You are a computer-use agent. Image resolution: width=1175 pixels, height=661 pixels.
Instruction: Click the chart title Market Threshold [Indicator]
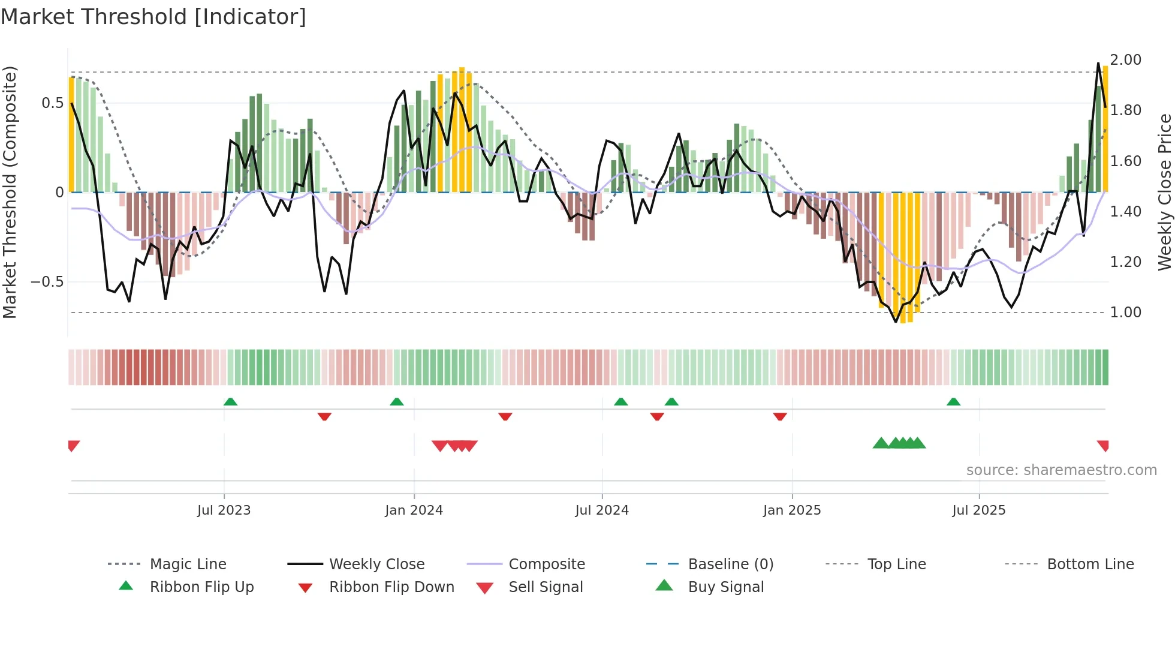click(153, 17)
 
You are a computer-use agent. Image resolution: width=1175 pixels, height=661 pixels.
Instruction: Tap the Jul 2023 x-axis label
click(224, 510)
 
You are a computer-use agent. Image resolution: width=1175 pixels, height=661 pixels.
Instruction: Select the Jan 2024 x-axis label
click(414, 510)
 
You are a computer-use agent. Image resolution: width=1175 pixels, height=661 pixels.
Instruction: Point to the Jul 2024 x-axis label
click(602, 510)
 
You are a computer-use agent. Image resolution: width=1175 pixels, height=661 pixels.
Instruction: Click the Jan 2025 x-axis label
click(792, 510)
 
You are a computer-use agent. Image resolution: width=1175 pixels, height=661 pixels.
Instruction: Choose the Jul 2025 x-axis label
click(979, 510)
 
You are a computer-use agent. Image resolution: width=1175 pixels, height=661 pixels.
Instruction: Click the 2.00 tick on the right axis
click(1125, 60)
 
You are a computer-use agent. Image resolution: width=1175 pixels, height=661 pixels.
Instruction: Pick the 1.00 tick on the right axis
click(1125, 313)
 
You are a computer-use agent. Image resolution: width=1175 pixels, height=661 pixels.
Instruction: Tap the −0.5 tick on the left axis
click(47, 282)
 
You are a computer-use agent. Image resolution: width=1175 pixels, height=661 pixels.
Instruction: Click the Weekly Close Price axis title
click(1164, 192)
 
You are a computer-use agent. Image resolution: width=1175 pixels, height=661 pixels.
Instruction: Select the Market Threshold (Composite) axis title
click(10, 192)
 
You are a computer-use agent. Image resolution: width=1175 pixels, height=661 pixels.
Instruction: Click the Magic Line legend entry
click(188, 564)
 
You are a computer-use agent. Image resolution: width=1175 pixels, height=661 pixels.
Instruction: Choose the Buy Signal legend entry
click(725, 587)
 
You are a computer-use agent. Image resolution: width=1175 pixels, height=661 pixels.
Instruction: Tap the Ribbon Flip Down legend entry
click(391, 587)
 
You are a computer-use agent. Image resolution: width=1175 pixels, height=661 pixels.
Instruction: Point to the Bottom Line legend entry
click(1090, 564)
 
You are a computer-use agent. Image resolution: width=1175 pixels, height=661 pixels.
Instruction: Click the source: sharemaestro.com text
click(1061, 470)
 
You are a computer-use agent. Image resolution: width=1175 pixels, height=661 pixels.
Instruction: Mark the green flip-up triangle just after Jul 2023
click(230, 402)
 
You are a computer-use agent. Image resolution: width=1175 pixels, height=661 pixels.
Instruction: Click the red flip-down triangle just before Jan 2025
click(780, 416)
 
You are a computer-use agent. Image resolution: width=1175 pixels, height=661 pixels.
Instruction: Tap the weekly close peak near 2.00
click(1098, 64)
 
